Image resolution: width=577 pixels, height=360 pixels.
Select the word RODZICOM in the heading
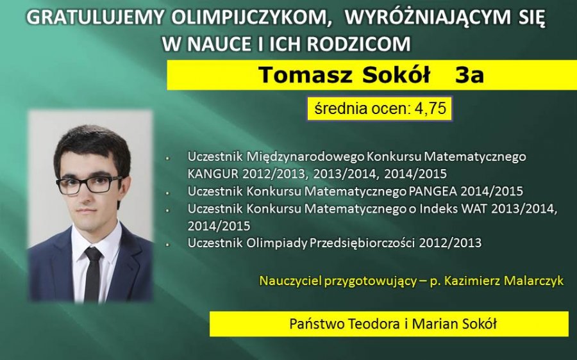point(359,44)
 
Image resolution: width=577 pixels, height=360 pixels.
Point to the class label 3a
point(469,75)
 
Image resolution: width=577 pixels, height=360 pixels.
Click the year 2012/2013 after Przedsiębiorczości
point(450,243)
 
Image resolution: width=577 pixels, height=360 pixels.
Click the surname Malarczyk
point(533,281)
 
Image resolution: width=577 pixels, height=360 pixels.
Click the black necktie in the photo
point(92,274)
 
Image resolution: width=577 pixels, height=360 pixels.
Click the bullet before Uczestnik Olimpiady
point(168,243)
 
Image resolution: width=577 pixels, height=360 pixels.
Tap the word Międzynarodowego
point(305,157)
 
